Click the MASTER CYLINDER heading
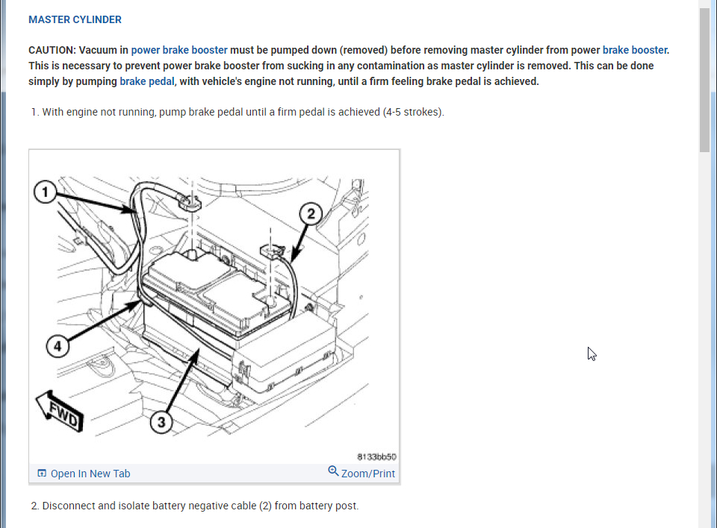click(x=75, y=19)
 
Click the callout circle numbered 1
click(x=46, y=192)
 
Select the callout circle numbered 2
click(x=311, y=214)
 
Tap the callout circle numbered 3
click(x=161, y=422)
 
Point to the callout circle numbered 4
click(x=58, y=346)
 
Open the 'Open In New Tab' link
click(x=90, y=474)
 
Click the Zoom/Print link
click(x=367, y=474)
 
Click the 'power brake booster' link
click(x=179, y=50)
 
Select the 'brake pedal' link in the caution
click(x=147, y=81)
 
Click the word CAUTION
click(x=52, y=50)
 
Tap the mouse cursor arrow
click(x=592, y=353)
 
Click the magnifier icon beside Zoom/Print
click(x=333, y=471)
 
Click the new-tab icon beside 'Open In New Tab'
click(x=42, y=474)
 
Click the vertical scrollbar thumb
click(x=704, y=78)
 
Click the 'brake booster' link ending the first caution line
click(x=634, y=50)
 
